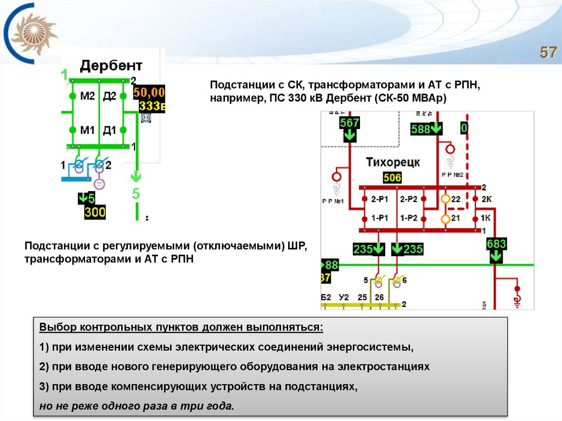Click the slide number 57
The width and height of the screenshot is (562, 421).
(548, 53)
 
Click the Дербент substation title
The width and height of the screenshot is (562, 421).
(111, 66)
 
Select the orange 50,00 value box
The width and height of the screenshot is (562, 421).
(149, 92)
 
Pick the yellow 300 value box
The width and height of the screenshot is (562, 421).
(94, 212)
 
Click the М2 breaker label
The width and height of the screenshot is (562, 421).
(87, 97)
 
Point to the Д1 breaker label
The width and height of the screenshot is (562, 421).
(110, 130)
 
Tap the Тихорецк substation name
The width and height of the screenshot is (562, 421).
(392, 162)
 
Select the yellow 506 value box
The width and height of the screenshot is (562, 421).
(392, 178)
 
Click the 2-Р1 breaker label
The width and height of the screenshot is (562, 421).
(380, 199)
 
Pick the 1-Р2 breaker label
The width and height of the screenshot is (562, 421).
(409, 218)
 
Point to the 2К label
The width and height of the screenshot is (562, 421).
(486, 199)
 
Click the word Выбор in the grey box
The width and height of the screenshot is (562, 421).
(57, 328)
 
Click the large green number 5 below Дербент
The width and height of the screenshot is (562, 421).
(136, 193)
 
